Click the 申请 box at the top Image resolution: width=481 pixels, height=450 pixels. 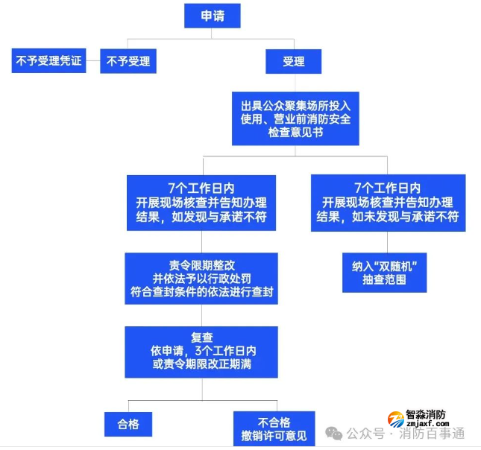(213, 16)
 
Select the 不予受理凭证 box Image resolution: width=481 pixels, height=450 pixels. (48, 61)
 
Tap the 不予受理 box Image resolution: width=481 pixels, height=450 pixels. (128, 61)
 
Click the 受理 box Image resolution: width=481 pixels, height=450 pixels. (294, 61)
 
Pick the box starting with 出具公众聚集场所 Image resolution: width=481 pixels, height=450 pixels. (295, 118)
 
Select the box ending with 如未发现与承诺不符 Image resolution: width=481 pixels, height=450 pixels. (388, 202)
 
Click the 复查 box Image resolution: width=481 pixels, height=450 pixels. (201, 351)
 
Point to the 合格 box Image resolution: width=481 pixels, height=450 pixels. (128, 425)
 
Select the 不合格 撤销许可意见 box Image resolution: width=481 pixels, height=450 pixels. (274, 427)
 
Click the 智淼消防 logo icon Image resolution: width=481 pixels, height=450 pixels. (394, 420)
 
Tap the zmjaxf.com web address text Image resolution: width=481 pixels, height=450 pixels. (429, 423)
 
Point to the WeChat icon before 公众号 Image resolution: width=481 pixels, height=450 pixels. (336, 434)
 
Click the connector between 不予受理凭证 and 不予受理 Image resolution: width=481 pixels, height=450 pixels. (92, 61)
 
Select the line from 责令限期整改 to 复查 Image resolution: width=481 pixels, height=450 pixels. (201, 315)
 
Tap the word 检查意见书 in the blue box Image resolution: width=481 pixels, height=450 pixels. (295, 133)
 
